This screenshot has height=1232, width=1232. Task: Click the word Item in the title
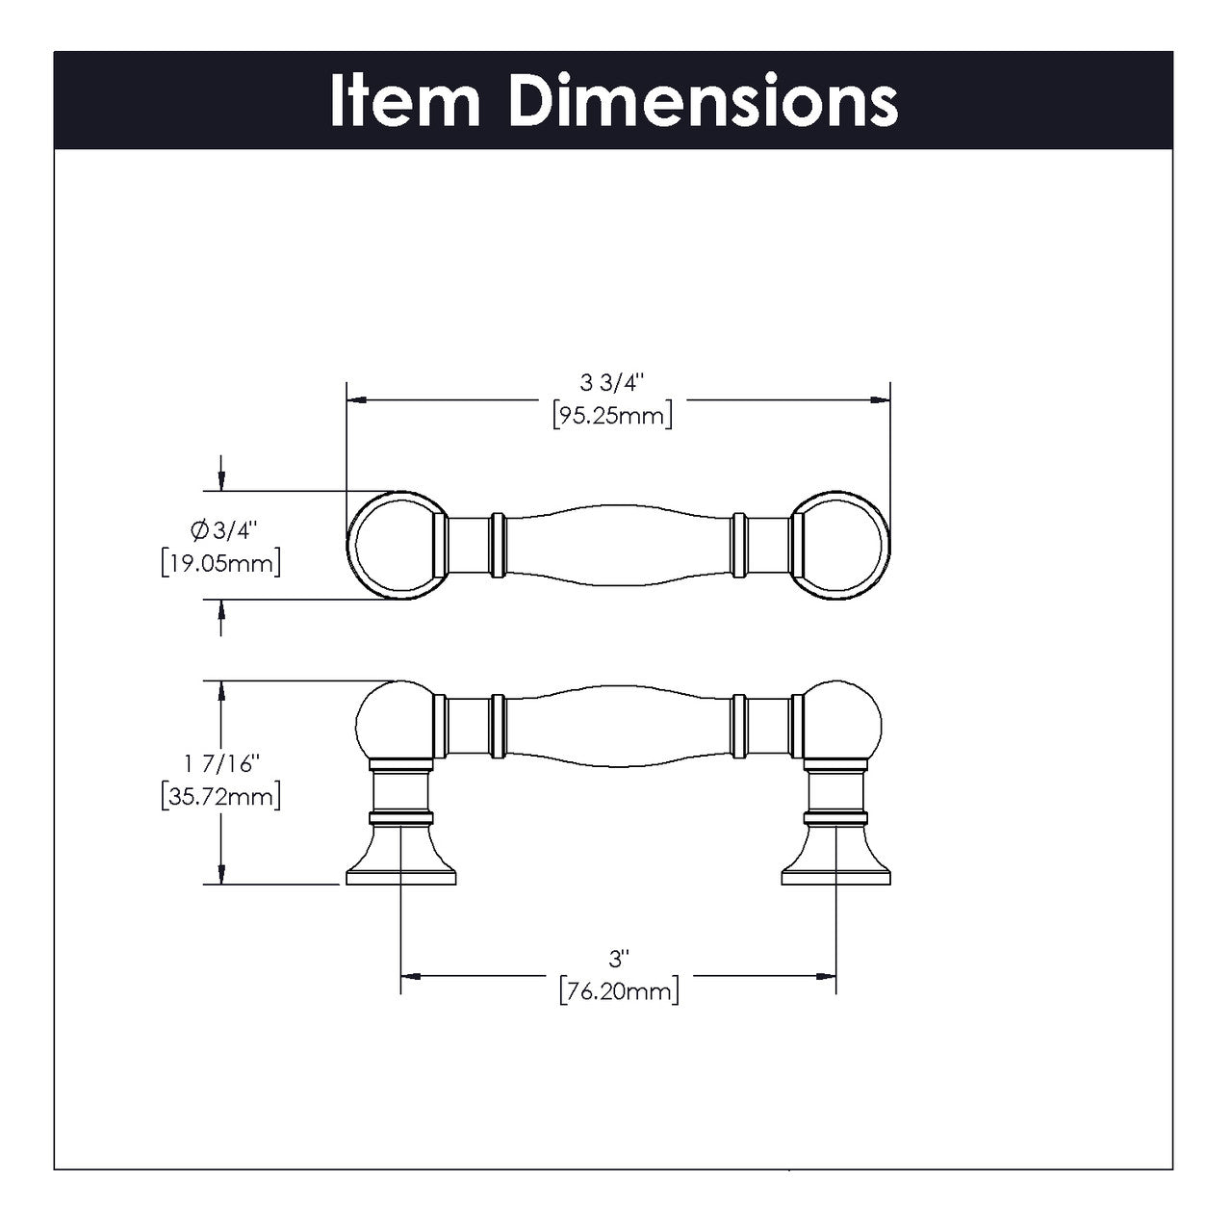404,101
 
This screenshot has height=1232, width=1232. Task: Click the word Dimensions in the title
703,101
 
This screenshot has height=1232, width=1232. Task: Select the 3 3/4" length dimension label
611,384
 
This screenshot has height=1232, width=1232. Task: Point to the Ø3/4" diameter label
222,528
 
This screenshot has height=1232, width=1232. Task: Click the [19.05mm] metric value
221,562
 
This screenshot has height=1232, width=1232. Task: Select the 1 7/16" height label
221,763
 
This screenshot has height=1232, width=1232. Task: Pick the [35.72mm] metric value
221,797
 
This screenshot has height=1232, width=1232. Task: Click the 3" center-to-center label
618,959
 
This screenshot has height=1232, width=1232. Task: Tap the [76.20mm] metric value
618,990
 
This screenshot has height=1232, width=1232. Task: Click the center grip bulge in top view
618,546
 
